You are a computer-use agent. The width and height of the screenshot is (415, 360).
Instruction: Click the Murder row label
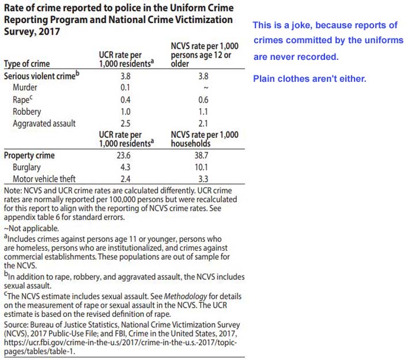tap(25, 88)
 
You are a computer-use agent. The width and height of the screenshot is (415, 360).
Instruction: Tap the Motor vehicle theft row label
tap(44, 179)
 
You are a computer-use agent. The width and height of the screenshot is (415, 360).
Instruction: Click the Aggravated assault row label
tap(44, 123)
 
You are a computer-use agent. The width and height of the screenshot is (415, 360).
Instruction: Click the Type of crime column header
tap(27, 64)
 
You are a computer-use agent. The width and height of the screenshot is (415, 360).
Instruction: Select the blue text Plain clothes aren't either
tap(310, 78)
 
